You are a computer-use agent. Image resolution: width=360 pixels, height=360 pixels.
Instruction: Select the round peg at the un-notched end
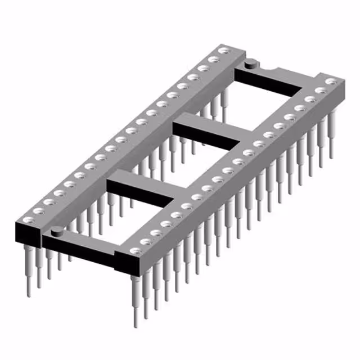[56, 230]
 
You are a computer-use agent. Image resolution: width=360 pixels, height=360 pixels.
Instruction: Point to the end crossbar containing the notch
[270, 76]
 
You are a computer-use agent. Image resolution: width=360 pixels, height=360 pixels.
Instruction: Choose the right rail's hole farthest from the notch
[134, 251]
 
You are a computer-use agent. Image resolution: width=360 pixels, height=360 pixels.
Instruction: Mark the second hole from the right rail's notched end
[321, 91]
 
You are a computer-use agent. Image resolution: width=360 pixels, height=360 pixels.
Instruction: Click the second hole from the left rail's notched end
[213, 59]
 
